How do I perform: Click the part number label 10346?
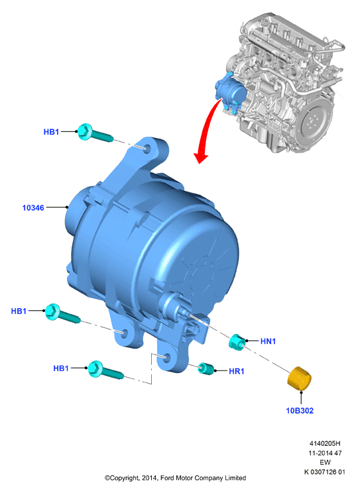click(33, 207)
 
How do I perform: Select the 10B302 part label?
click(300, 411)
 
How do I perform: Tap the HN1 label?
click(268, 341)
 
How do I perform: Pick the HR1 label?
click(236, 371)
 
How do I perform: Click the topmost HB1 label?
click(51, 132)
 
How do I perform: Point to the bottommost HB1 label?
click(61, 368)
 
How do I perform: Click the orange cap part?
click(299, 379)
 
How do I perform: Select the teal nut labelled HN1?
click(237, 342)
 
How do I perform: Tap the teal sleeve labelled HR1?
click(206, 368)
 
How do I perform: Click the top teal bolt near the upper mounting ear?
click(94, 134)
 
